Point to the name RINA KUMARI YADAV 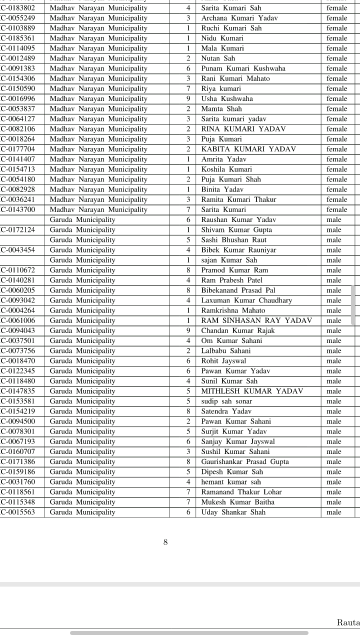243,129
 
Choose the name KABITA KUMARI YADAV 248,149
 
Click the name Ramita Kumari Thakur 238,199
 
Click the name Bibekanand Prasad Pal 238,290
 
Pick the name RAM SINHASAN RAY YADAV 256,320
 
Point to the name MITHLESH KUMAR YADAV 252,391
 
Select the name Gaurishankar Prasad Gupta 245,461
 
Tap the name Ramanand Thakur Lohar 241,492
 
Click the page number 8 165,542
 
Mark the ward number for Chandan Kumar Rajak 188,330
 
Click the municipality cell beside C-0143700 98,209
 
